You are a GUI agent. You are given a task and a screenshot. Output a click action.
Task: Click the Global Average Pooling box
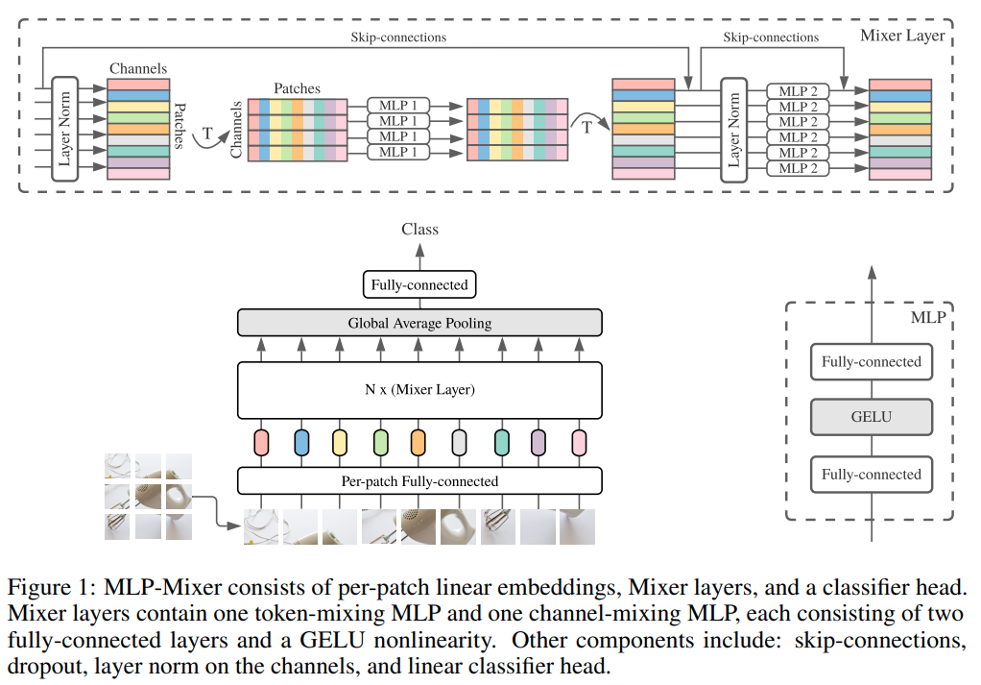[x=419, y=323]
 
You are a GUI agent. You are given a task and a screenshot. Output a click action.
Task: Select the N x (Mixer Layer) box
[x=419, y=389]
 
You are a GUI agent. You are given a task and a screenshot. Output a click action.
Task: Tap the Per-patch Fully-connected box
[x=419, y=480]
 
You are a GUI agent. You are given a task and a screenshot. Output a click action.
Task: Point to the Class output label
[x=419, y=230]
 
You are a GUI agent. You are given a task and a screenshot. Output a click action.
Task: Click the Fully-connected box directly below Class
[x=419, y=284]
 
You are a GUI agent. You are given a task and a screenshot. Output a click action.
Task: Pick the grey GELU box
[x=871, y=417]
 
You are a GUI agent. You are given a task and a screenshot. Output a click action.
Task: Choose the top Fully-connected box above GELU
[x=871, y=362]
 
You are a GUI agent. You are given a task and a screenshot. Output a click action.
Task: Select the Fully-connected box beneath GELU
[x=871, y=475]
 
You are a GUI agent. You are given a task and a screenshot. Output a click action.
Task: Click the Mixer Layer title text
[x=903, y=36]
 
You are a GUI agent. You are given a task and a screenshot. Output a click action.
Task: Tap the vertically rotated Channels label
[x=236, y=130]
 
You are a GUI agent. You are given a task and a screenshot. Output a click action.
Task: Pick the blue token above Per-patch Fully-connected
[x=301, y=442]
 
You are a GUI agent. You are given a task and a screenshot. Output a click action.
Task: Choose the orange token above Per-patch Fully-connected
[x=418, y=442]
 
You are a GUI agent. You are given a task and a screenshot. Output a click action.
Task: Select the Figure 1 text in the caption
[x=48, y=585]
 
